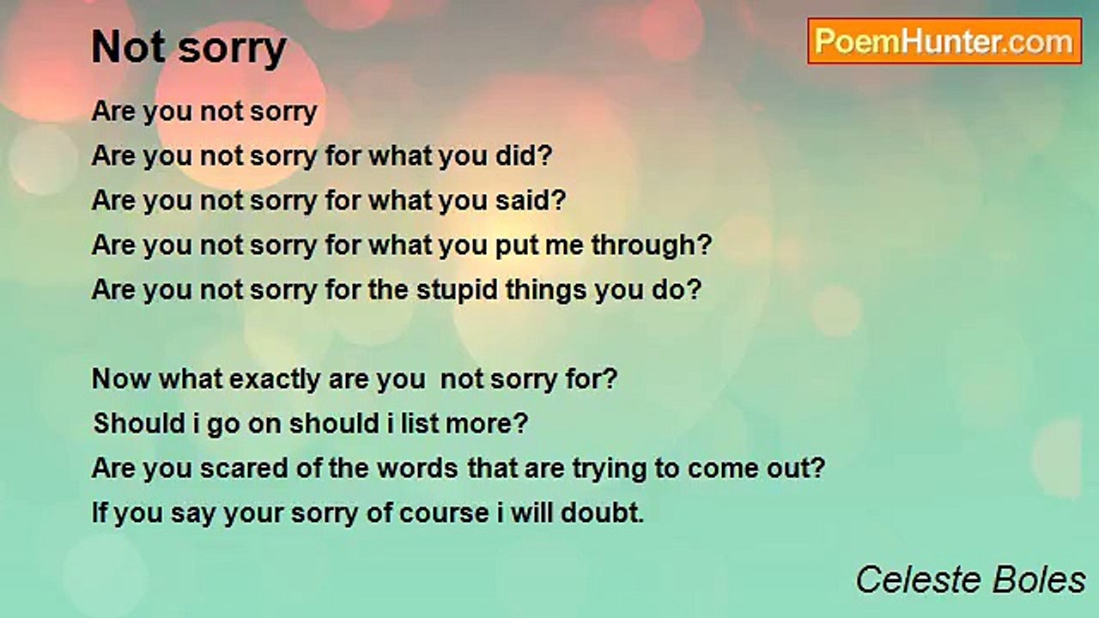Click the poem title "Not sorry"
(189, 48)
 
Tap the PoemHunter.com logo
(944, 41)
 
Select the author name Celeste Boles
(970, 580)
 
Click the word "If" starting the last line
(100, 513)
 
